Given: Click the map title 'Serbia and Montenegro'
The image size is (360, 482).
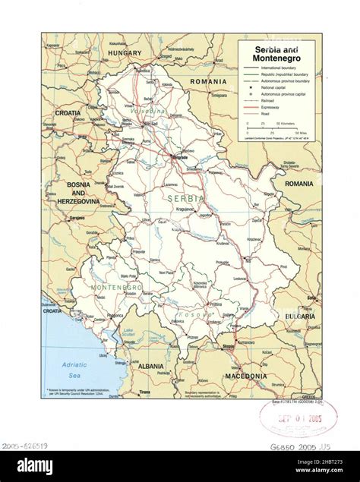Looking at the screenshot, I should tap(276, 53).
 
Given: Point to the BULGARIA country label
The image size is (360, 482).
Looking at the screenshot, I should tap(301, 315).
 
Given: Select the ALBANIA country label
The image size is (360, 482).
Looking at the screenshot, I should tap(151, 366).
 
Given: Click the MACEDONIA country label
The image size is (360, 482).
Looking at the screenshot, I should tap(245, 376).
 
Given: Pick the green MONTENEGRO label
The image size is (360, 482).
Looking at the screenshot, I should tap(116, 288).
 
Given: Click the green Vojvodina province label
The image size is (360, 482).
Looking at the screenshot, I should tap(149, 112).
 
